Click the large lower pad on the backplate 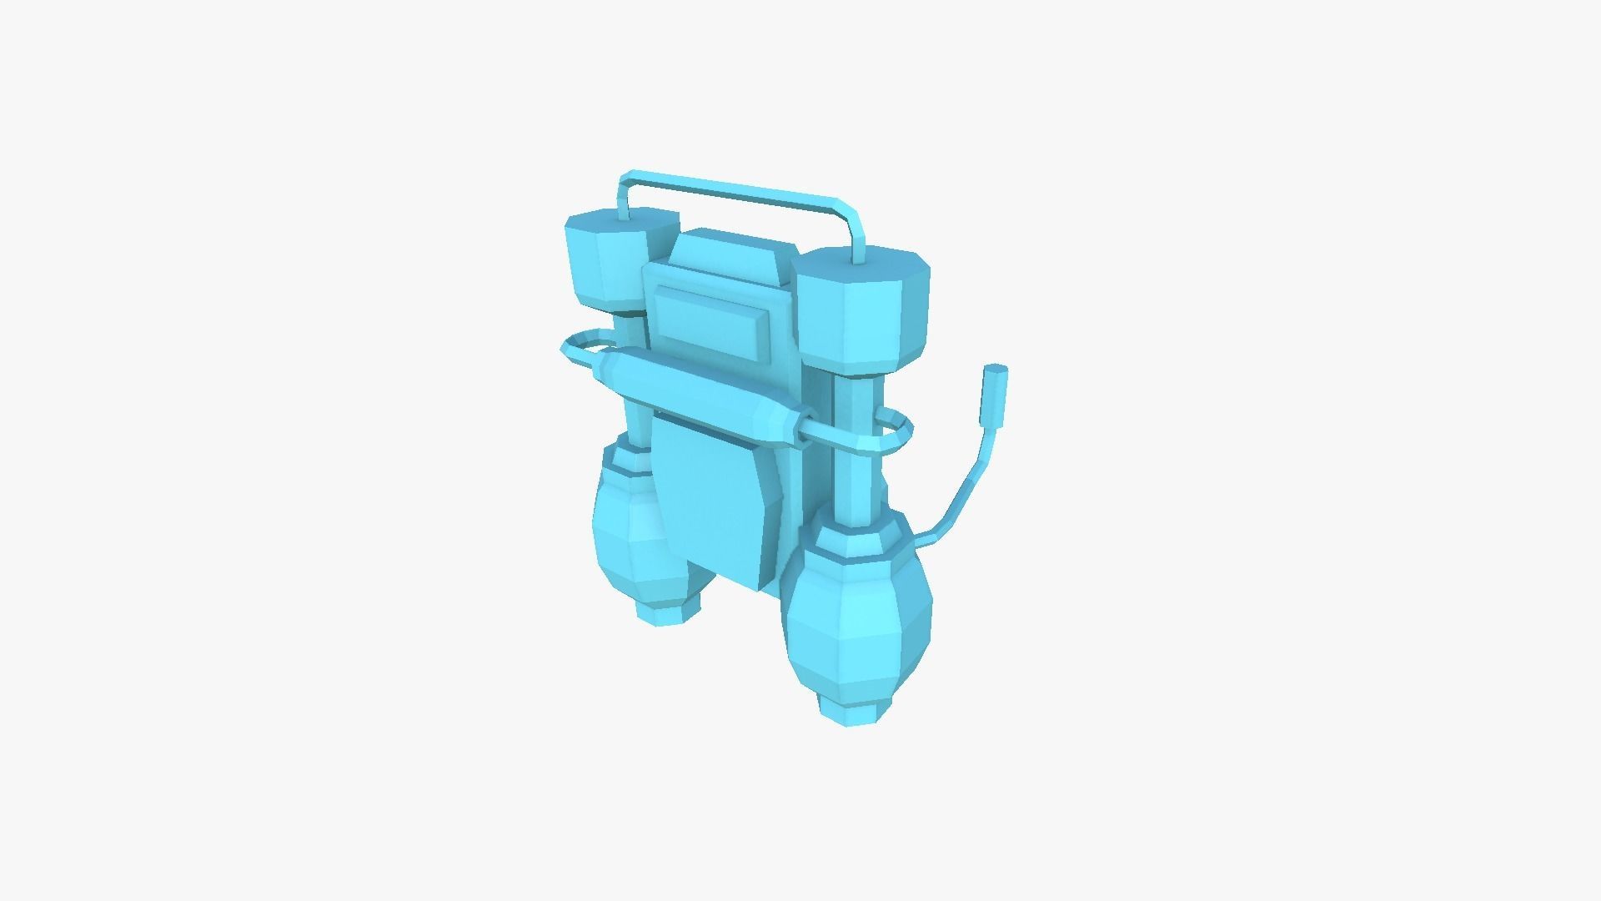[x=717, y=501]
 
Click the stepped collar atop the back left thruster [x=627, y=457]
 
